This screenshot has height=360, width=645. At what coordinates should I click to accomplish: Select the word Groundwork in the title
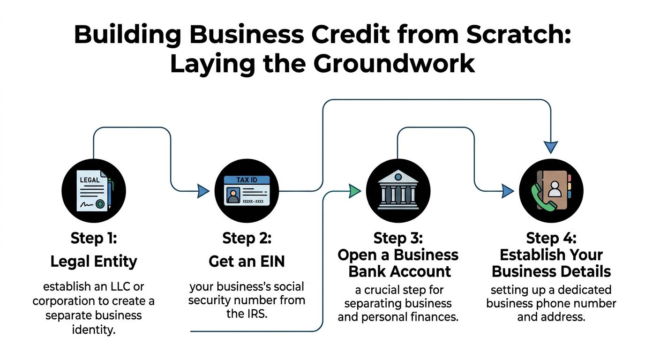pyautogui.click(x=394, y=64)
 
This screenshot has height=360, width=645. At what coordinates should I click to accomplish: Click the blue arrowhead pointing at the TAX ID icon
pyautogui.click(x=202, y=191)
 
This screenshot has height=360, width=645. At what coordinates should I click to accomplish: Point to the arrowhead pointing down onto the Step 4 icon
pyautogui.click(x=551, y=147)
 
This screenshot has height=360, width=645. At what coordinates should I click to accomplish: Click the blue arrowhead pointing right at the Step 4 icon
pyautogui.click(x=508, y=191)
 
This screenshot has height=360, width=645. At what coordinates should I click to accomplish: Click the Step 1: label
pyautogui.click(x=93, y=238)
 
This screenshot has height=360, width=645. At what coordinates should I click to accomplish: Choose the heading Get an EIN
pyautogui.click(x=247, y=262)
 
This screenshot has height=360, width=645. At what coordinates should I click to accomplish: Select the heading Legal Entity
pyautogui.click(x=93, y=262)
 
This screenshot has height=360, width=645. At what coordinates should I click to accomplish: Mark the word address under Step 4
pyautogui.click(x=567, y=317)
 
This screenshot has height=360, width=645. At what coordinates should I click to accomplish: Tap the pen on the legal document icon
pyautogui.click(x=110, y=193)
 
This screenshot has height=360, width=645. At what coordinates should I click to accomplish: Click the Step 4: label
pyautogui.click(x=551, y=238)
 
